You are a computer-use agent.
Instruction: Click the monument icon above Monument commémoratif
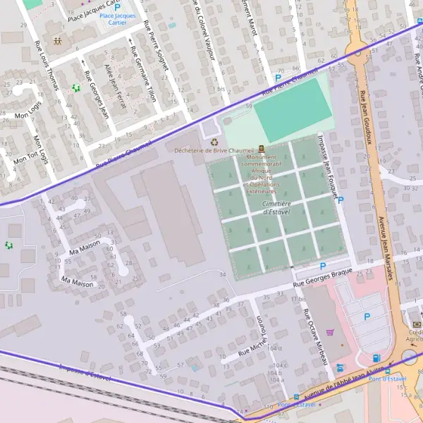click(x=262, y=149)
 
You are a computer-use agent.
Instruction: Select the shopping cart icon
click(x=331, y=333)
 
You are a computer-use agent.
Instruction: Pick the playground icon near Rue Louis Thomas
click(x=76, y=88)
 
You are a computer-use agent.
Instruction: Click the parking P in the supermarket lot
click(x=367, y=317)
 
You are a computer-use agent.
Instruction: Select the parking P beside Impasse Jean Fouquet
click(x=341, y=200)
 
